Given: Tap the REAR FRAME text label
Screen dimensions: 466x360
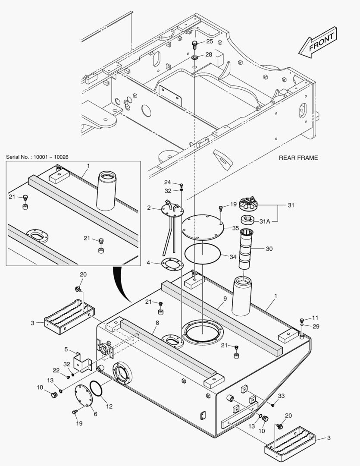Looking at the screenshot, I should coord(298,158).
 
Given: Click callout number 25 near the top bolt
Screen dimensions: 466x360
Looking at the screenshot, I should coord(209,41).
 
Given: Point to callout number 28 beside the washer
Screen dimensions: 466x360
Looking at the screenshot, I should coord(208,55).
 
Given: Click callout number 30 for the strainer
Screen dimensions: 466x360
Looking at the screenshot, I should coord(269,249).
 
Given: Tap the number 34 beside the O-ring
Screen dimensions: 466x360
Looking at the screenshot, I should coord(233,257).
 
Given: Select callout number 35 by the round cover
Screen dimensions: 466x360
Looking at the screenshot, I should coord(235,227).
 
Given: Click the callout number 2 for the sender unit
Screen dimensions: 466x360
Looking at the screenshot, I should coord(149,208).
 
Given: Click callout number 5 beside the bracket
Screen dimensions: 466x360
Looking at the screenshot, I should coord(66,349).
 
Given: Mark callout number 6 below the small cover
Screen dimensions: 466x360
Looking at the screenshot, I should coord(95,414).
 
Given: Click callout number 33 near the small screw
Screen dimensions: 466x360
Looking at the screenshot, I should coord(281,396).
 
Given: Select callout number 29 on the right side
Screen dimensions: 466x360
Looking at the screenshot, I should coord(316,327).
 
